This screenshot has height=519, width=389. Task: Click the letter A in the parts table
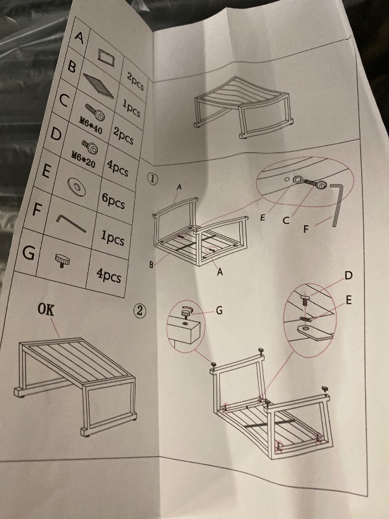(x=79, y=36)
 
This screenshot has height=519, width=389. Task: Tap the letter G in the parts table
(x=29, y=253)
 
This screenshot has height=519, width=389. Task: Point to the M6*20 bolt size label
(x=84, y=158)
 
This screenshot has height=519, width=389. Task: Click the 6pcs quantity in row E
(x=113, y=201)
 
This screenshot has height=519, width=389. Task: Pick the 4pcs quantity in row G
(x=108, y=275)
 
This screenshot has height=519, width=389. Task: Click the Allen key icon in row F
(x=71, y=224)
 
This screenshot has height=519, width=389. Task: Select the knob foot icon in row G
(x=62, y=261)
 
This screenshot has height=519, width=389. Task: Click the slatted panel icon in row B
(x=99, y=86)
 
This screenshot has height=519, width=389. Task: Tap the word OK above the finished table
(x=46, y=310)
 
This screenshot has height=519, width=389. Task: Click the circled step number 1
(x=152, y=179)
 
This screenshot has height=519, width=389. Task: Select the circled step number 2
(x=139, y=311)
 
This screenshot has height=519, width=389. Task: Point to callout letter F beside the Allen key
(x=307, y=228)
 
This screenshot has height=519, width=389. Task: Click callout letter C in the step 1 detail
(x=286, y=221)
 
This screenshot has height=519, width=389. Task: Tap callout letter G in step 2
(x=219, y=310)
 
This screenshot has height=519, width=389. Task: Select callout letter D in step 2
(x=348, y=275)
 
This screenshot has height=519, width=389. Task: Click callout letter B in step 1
(x=151, y=265)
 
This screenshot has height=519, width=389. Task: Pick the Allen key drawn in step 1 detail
(x=337, y=205)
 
